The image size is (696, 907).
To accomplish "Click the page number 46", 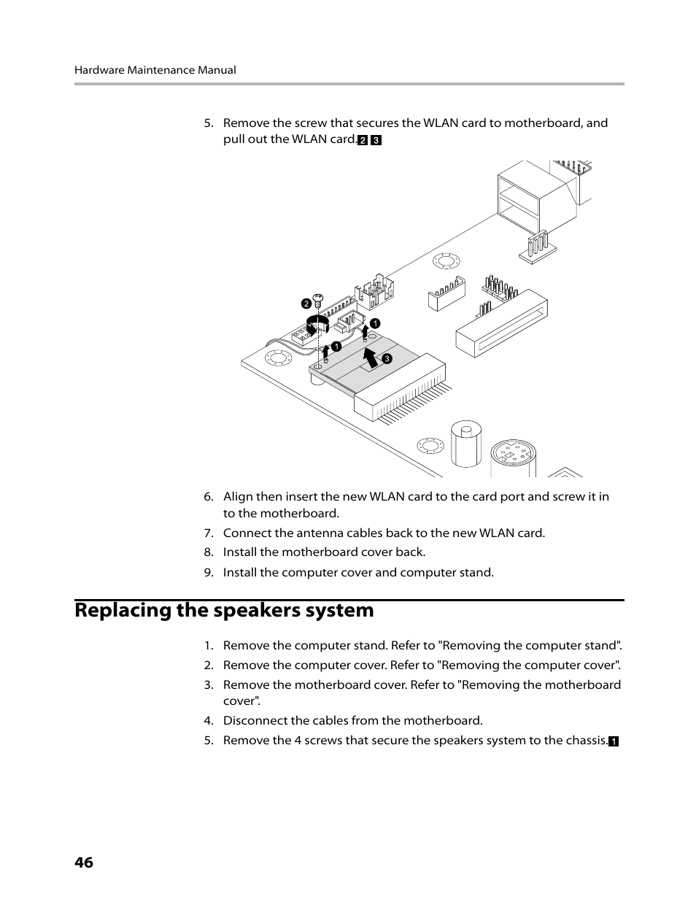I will pyautogui.click(x=84, y=862).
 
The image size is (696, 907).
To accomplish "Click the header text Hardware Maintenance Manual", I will pyautogui.click(x=155, y=70).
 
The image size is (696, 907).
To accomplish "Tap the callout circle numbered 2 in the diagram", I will pyautogui.click(x=306, y=304).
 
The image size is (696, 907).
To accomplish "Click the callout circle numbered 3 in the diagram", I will pyautogui.click(x=387, y=358).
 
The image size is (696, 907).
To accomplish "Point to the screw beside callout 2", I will pyautogui.click(x=318, y=297).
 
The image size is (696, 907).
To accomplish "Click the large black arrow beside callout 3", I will pyautogui.click(x=371, y=357).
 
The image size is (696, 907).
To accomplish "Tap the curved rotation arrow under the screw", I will pyautogui.click(x=315, y=325).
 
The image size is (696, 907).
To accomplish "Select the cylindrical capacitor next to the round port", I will pyautogui.click(x=464, y=441).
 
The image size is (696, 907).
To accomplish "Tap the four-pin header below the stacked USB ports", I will pyautogui.click(x=538, y=245).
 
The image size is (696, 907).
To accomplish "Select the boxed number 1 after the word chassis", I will pyautogui.click(x=614, y=741).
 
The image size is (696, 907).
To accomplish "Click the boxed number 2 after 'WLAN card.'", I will pyautogui.click(x=363, y=140).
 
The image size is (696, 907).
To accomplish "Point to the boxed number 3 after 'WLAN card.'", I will pyautogui.click(x=376, y=140).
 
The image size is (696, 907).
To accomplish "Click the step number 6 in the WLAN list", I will pyautogui.click(x=208, y=497).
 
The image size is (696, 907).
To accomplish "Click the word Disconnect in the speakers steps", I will pyautogui.click(x=255, y=720).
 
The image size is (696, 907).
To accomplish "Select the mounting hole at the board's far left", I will pyautogui.click(x=278, y=359).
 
